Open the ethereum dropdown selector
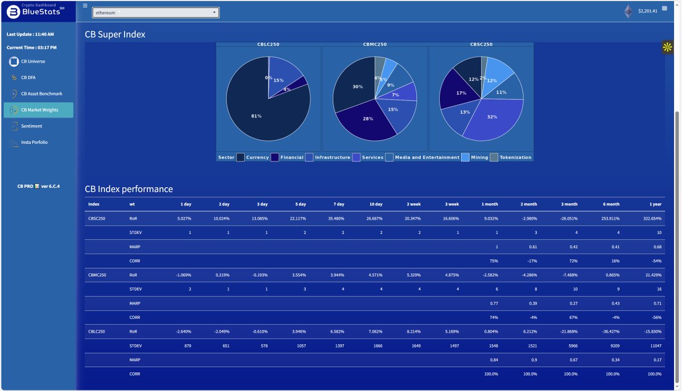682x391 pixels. pos(155,12)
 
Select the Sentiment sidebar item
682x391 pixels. pos(31,126)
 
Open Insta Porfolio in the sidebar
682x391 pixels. pos(34,142)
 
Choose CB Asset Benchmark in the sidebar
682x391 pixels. pos(41,93)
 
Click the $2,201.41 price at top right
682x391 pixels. pos(647,11)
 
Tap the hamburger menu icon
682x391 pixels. pos(85,6)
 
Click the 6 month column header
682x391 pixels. pos(612,204)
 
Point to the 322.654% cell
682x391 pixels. pos(651,218)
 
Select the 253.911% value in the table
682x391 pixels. pos(609,218)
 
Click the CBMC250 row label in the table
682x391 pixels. pos(97,275)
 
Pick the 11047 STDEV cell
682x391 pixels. pos(655,345)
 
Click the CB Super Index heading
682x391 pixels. pos(115,34)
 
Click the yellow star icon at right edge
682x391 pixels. pos(667,47)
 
